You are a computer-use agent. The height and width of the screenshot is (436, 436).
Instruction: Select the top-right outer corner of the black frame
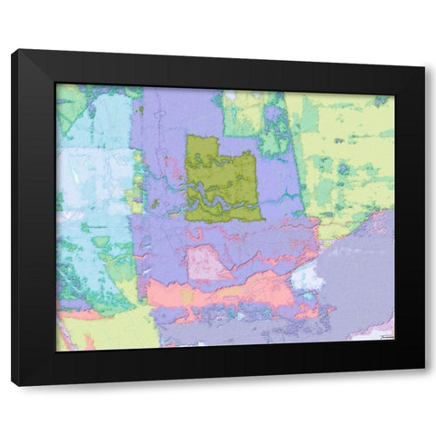click(x=425, y=65)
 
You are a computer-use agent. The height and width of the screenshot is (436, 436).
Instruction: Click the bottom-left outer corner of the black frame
click(x=12, y=386)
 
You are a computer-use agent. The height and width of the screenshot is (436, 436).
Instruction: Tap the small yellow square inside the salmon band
click(x=187, y=296)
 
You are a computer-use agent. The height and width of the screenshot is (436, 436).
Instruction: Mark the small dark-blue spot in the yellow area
click(x=343, y=168)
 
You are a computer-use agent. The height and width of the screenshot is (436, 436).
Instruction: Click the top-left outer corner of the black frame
click(x=12, y=50)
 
